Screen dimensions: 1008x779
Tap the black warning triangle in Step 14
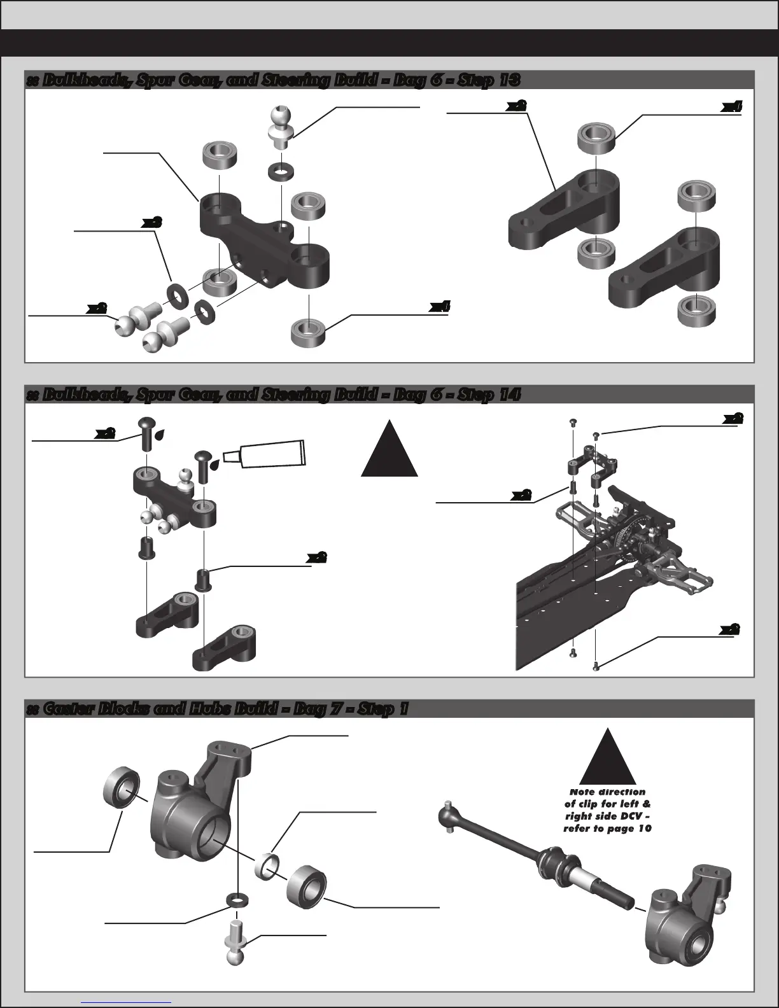click(389, 453)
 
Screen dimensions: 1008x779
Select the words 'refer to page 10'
click(607, 829)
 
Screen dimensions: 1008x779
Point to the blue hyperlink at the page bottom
click(127, 1001)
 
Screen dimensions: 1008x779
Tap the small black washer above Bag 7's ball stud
click(237, 900)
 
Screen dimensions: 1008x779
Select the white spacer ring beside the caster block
click(269, 866)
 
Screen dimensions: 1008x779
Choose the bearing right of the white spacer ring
click(306, 883)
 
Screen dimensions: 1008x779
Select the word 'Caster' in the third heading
click(68, 709)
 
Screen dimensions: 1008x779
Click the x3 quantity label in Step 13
click(151, 222)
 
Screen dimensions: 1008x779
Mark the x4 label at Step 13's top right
click(732, 108)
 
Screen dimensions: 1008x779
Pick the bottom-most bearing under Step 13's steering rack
click(308, 332)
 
